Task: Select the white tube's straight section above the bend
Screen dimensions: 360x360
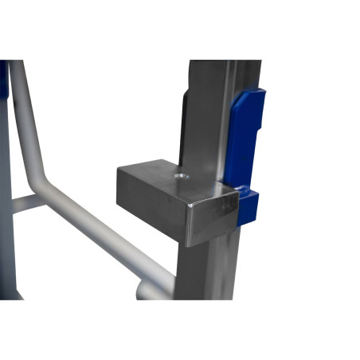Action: click(x=22, y=119)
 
